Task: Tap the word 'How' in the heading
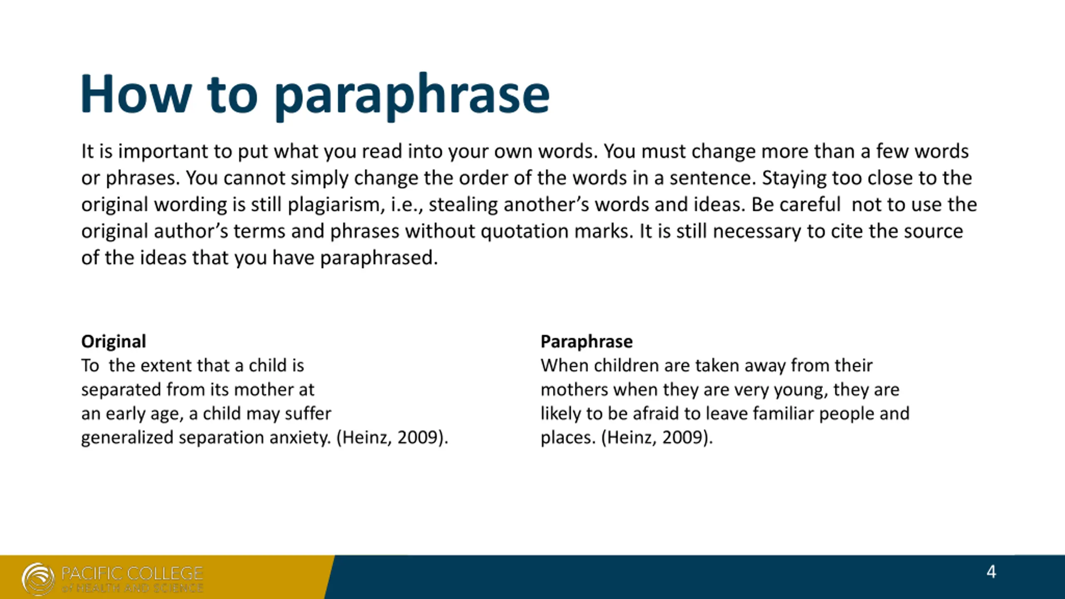(x=136, y=93)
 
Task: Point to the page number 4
(x=991, y=572)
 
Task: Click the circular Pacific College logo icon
(x=38, y=579)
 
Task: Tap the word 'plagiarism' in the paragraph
(x=334, y=205)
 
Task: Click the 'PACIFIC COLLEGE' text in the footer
(x=132, y=574)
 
